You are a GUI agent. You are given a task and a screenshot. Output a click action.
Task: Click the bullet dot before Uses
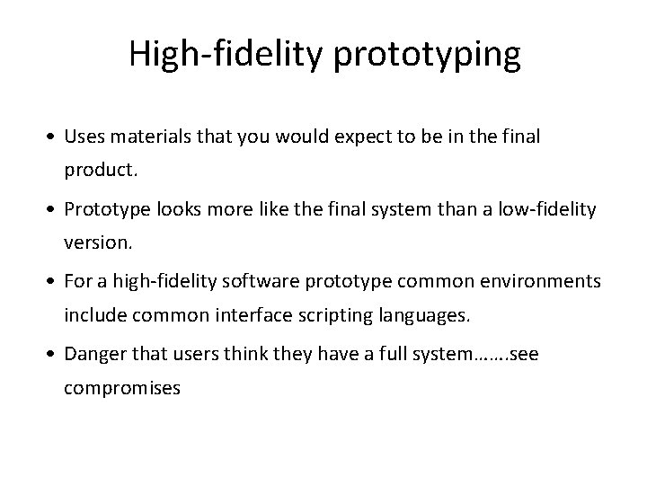pyautogui.click(x=56, y=138)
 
